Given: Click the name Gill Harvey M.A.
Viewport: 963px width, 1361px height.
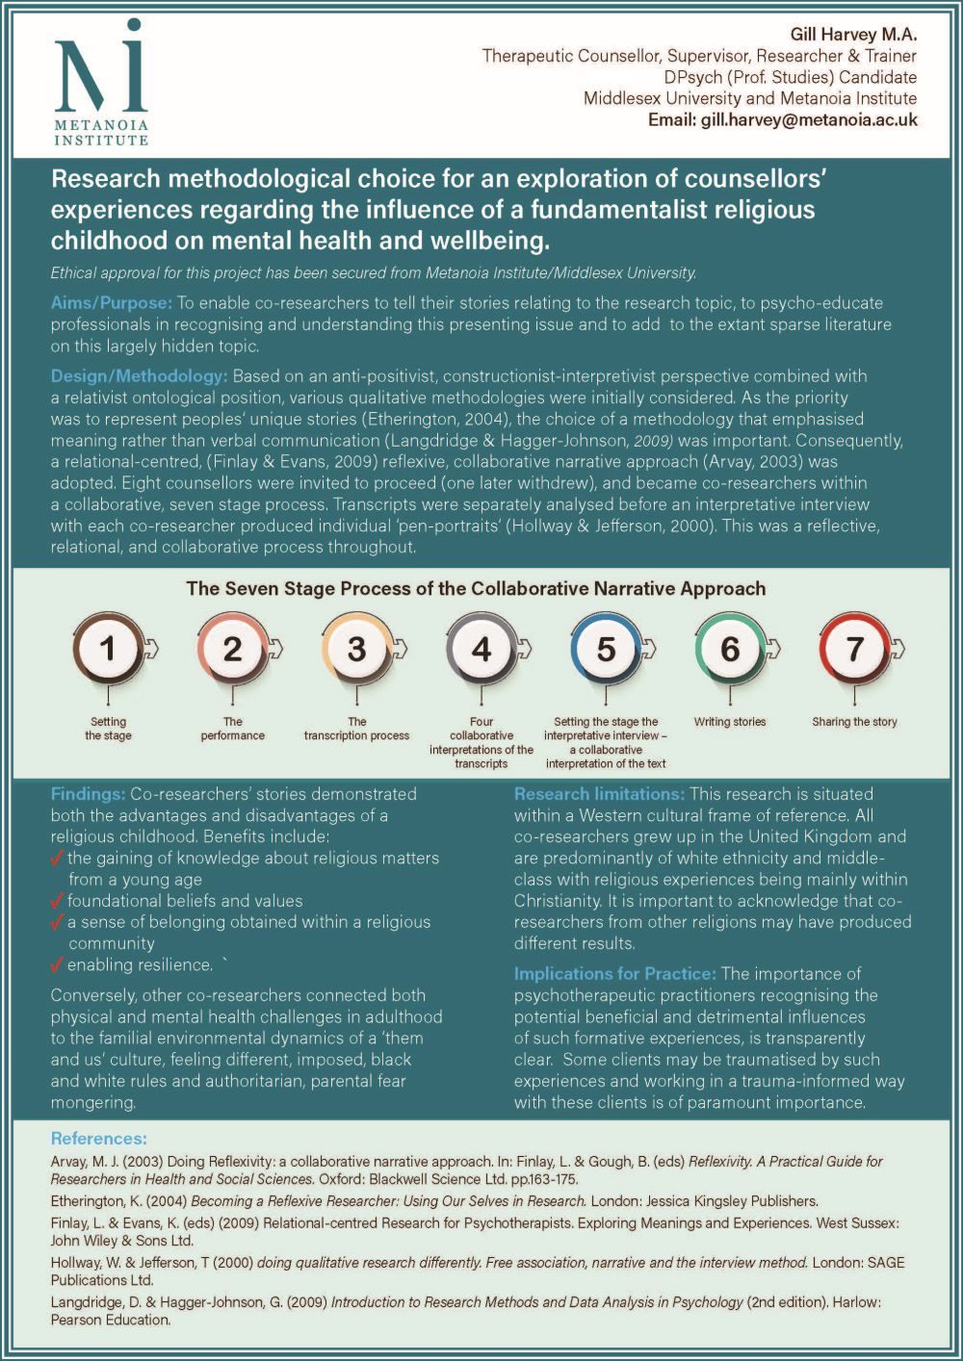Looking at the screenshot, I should pyautogui.click(x=853, y=35).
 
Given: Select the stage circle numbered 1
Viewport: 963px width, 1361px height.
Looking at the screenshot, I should pyautogui.click(x=108, y=650).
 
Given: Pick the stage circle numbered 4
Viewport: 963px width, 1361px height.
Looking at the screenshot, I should pyautogui.click(x=481, y=650).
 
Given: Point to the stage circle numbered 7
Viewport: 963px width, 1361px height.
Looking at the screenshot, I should pyautogui.click(x=854, y=650).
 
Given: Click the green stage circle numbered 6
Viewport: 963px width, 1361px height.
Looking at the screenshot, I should pyautogui.click(x=730, y=650).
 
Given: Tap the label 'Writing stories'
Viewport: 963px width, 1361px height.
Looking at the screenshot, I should pyautogui.click(x=730, y=722).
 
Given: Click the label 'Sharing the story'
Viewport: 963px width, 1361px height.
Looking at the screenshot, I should pyautogui.click(x=854, y=722).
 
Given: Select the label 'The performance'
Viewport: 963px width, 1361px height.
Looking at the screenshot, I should pyautogui.click(x=233, y=729).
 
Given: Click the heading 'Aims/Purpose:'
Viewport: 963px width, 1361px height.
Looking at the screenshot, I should pyautogui.click(x=112, y=303).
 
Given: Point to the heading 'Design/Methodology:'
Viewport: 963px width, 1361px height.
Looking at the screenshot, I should pyautogui.click(x=140, y=375).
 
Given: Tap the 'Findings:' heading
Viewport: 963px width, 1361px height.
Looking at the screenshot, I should pyautogui.click(x=88, y=794).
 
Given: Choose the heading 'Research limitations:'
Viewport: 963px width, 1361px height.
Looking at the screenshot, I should pyautogui.click(x=599, y=794).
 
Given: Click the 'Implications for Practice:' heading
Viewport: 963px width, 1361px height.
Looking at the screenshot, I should pyautogui.click(x=614, y=974).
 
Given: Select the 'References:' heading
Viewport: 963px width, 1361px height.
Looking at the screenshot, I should pyautogui.click(x=98, y=1139).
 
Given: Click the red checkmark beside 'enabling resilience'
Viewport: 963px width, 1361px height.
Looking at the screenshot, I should pyautogui.click(x=57, y=964).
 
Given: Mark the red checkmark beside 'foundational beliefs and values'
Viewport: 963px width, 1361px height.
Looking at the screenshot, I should pyautogui.click(x=57, y=901).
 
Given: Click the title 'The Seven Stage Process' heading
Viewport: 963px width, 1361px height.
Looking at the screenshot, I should pyautogui.click(x=476, y=588).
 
